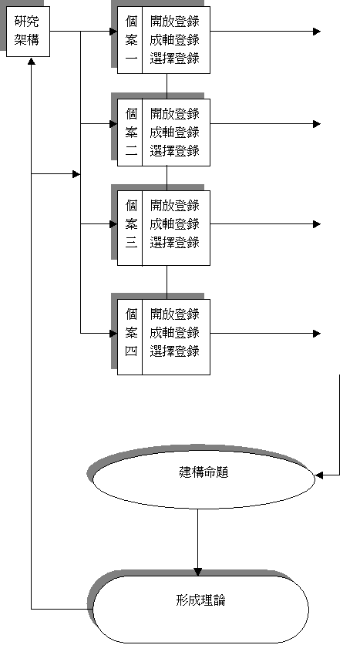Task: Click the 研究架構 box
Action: (28, 32)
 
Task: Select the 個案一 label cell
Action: (130, 40)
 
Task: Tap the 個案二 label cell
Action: (130, 133)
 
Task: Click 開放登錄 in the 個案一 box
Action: (175, 22)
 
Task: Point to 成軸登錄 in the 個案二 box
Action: (175, 133)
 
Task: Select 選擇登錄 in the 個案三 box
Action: (175, 243)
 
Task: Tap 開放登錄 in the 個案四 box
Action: (175, 314)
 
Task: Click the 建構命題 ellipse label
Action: (204, 472)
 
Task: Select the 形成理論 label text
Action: (200, 600)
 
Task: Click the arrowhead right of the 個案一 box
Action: (317, 32)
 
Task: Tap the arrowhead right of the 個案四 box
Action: (317, 334)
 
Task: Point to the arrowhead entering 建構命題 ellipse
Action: (319, 475)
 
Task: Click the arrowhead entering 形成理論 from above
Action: (197, 572)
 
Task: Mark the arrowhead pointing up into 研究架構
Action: (32, 61)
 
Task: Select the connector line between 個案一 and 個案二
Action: (167, 86)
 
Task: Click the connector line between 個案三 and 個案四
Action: (167, 283)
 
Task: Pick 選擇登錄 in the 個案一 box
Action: (175, 59)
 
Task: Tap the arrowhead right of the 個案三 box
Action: (317, 224)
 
